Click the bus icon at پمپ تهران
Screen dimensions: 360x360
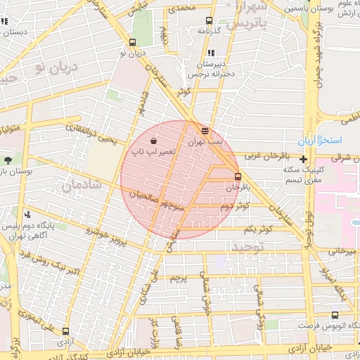(205, 130)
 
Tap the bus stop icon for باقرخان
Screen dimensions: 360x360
(238, 176)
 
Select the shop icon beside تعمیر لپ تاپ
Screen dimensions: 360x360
(154, 139)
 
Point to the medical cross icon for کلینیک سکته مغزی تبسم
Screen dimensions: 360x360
(303, 160)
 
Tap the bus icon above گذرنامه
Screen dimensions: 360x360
(208, 21)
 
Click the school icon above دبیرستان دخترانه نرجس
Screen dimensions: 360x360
(211, 53)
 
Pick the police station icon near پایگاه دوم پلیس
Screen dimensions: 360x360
(27, 214)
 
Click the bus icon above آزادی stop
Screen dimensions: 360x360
(65, 331)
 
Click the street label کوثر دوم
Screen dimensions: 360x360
(235, 206)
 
